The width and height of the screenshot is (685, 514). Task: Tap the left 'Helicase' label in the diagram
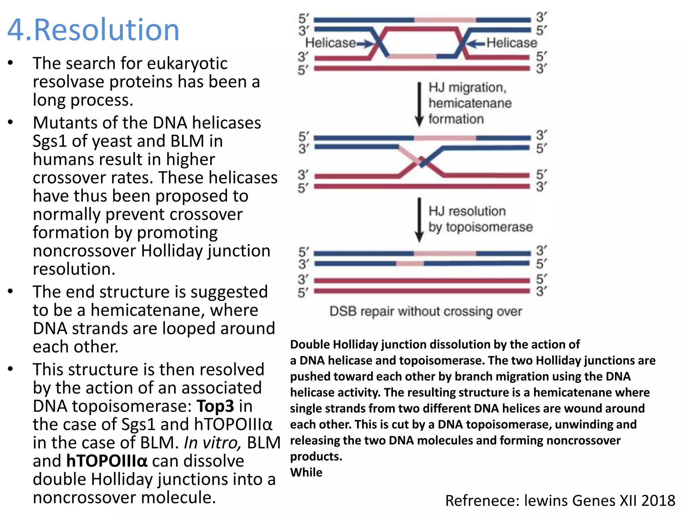click(x=330, y=43)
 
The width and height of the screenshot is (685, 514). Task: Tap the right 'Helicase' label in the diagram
click(x=511, y=43)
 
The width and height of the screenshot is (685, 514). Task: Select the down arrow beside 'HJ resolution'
click(x=419, y=220)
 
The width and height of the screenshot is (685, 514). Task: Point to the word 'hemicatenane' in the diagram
click(x=470, y=103)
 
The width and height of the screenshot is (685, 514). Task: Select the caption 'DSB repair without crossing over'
click(x=425, y=311)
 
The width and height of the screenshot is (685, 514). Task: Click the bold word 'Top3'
click(x=215, y=406)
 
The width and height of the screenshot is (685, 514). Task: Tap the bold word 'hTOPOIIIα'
click(x=107, y=461)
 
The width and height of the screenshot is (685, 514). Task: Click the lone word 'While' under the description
click(x=306, y=472)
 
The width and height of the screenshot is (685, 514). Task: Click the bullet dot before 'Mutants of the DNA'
click(x=11, y=122)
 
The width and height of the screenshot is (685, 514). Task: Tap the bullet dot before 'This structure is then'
click(x=11, y=369)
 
